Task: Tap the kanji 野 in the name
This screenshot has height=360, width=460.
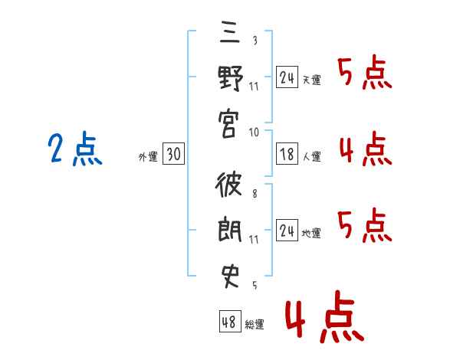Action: tap(229, 79)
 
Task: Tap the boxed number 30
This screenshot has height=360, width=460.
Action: tap(173, 154)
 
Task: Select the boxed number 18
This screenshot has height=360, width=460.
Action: tap(287, 154)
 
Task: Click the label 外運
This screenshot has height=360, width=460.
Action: tap(147, 156)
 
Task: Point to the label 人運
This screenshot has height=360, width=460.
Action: tap(312, 156)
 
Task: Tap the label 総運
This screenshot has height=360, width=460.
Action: tap(255, 325)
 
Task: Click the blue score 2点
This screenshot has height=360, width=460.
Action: tap(74, 149)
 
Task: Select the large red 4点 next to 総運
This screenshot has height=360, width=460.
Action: tap(323, 319)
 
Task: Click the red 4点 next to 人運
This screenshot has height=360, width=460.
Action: tap(365, 148)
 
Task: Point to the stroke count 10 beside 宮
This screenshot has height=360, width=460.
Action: tap(254, 132)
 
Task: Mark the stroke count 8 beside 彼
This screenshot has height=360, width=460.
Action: tap(254, 194)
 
